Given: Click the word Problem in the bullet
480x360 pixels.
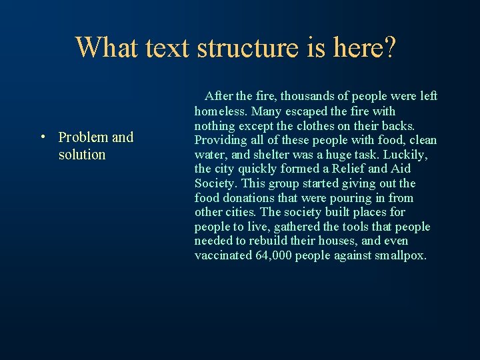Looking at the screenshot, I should pos(83,137).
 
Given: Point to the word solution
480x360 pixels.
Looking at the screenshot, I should pos(82,155).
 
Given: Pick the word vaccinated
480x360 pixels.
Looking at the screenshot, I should pos(223,256).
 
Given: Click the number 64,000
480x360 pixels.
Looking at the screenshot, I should pos(273,256).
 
